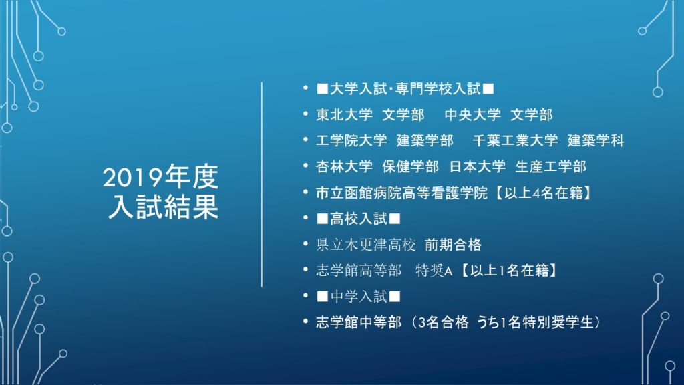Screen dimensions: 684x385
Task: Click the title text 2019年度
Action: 160,177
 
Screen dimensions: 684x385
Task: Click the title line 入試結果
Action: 163,206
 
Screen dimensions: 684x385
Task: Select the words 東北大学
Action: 344,115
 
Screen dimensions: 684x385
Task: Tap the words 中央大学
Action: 472,115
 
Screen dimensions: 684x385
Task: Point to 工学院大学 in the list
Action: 351,140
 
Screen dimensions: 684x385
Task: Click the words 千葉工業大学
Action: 515,140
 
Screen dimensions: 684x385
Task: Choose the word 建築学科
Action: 595,140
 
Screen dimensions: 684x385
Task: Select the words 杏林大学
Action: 344,166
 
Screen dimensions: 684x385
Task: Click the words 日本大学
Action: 477,166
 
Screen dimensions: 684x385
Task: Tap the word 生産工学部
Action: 550,166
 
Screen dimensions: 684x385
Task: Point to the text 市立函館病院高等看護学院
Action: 401,192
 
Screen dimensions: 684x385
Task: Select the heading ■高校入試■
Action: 359,219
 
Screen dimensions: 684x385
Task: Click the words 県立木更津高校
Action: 366,245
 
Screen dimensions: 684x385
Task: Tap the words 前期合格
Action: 453,245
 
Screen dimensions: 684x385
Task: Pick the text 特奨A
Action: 434,271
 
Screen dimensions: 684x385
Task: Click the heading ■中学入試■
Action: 359,296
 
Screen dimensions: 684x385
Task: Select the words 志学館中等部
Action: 359,322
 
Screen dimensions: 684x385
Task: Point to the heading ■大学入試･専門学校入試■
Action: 405,89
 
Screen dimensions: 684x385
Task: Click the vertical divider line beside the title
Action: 262,184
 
